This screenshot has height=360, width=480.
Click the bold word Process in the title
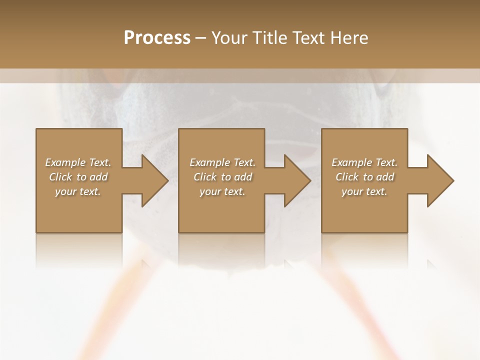(157, 38)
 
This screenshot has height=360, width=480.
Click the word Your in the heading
(229, 38)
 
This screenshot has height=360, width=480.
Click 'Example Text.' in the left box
(78, 162)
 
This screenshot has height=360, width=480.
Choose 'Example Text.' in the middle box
(222, 162)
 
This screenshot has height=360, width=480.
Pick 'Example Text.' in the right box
(364, 162)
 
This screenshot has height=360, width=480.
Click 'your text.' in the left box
(78, 191)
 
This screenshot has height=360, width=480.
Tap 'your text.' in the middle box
(222, 191)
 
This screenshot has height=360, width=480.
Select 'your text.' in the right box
(364, 191)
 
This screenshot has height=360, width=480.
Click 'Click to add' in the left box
(78, 177)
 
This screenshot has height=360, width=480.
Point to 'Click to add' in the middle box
(222, 177)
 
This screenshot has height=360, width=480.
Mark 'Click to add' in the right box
(364, 177)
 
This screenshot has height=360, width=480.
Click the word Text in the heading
(306, 38)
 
